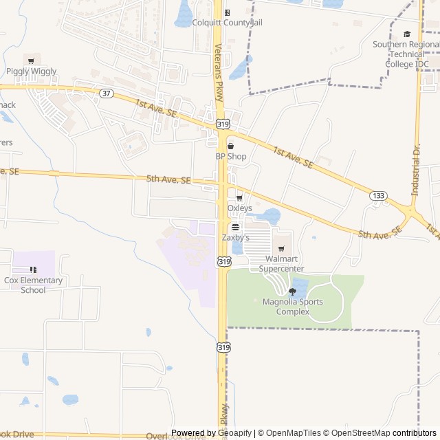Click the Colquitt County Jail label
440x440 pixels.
pyautogui.click(x=228, y=23)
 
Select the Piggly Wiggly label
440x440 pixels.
pyautogui.click(x=32, y=71)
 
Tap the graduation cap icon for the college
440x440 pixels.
pyautogui.click(x=407, y=34)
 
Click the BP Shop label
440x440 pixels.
pyautogui.click(x=230, y=156)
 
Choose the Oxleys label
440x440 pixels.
pyautogui.click(x=240, y=208)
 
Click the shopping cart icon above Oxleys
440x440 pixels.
pyautogui.click(x=240, y=198)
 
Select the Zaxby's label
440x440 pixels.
pyautogui.click(x=235, y=237)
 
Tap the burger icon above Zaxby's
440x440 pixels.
pyautogui.click(x=235, y=227)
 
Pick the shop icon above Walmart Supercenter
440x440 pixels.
pyautogui.click(x=281, y=249)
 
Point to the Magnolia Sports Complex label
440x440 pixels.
pyautogui.click(x=291, y=306)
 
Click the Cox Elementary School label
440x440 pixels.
pyautogui.click(x=33, y=285)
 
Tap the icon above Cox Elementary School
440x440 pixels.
pyautogui.click(x=33, y=269)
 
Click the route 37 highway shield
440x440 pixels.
pyautogui.click(x=106, y=93)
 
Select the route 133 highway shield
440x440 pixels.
pyautogui.click(x=377, y=196)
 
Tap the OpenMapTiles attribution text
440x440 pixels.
pyautogui.click(x=292, y=433)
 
